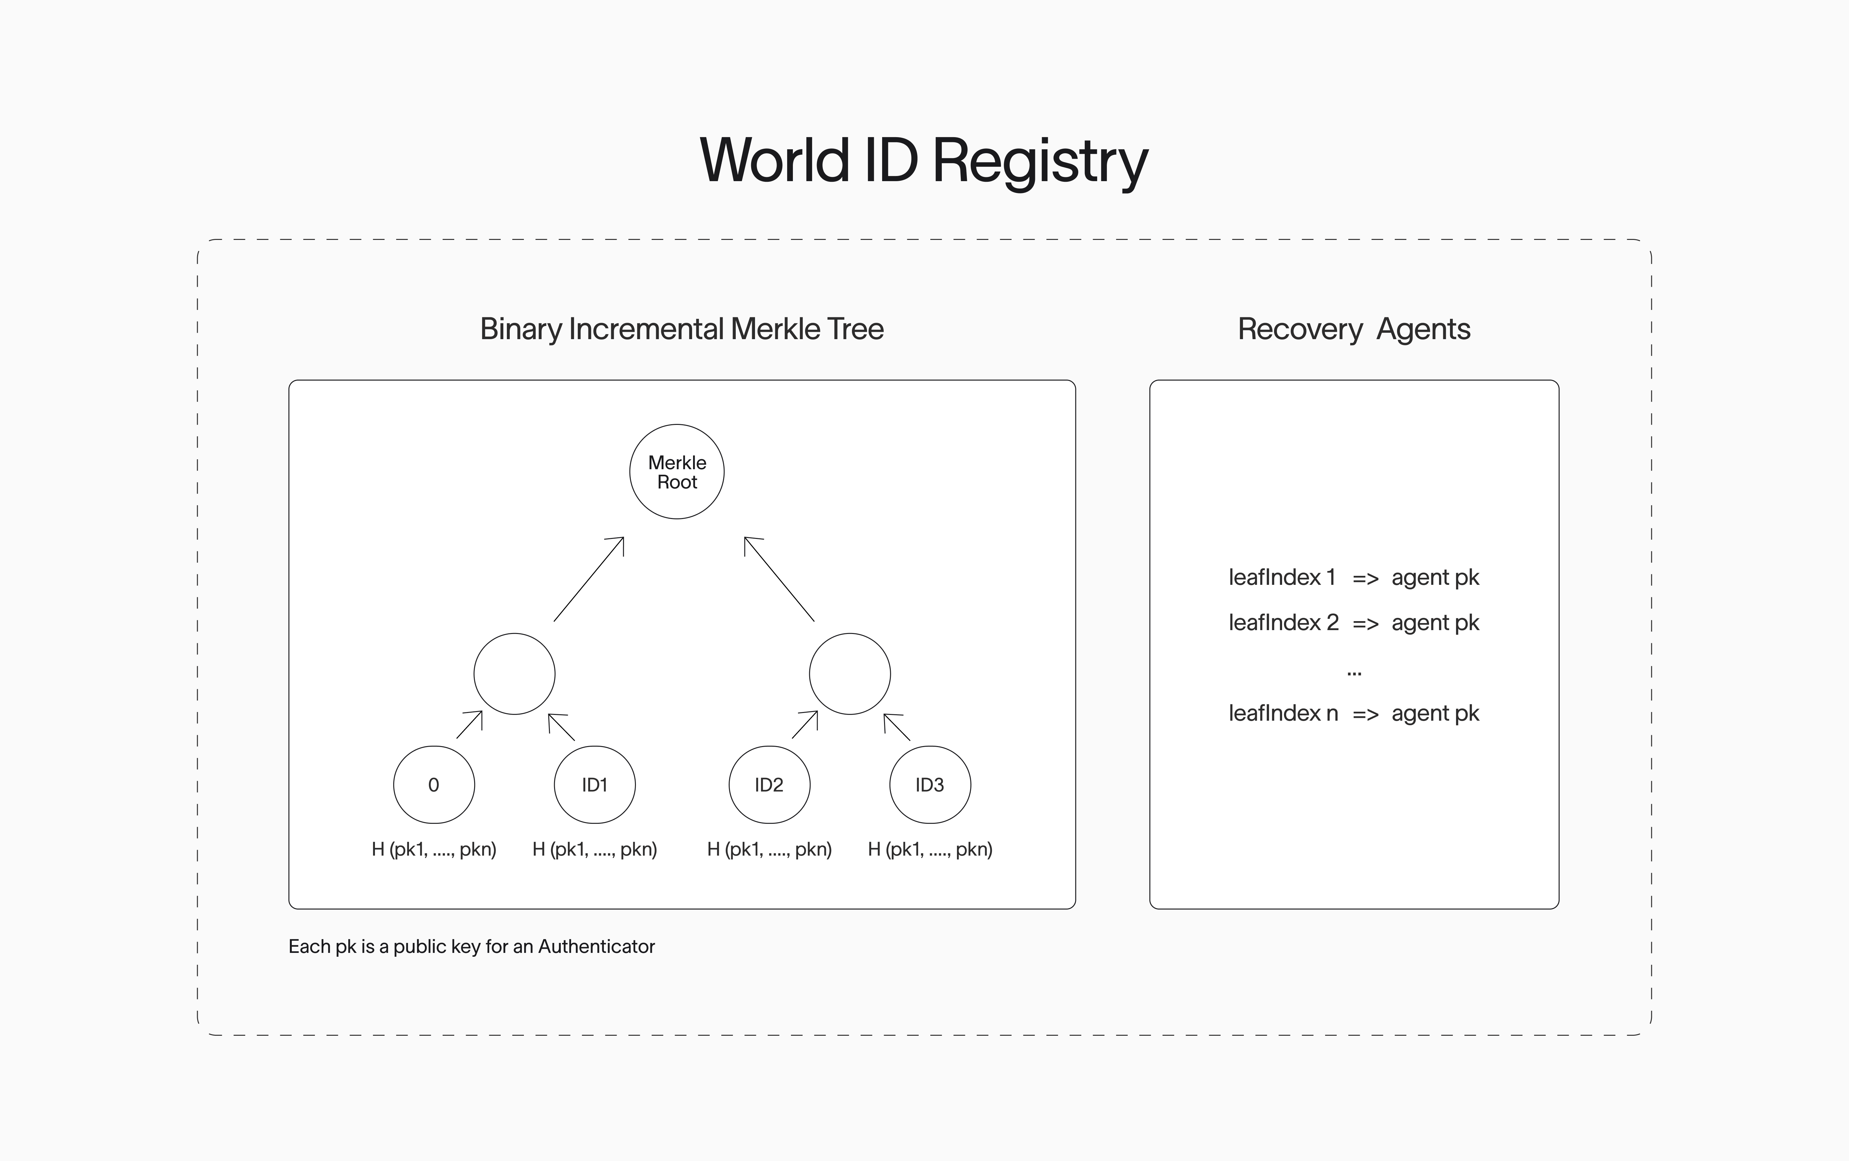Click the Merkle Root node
[x=676, y=471]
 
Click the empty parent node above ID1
[x=514, y=673]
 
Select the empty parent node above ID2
[x=850, y=673]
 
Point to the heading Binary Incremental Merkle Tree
[x=681, y=329]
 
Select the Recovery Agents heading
[x=1354, y=329]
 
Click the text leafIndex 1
[x=1282, y=577]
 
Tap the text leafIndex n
[x=1282, y=713]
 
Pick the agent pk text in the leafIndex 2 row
[x=1435, y=623]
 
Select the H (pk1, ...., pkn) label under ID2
[x=769, y=849]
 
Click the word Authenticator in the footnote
[x=596, y=947]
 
